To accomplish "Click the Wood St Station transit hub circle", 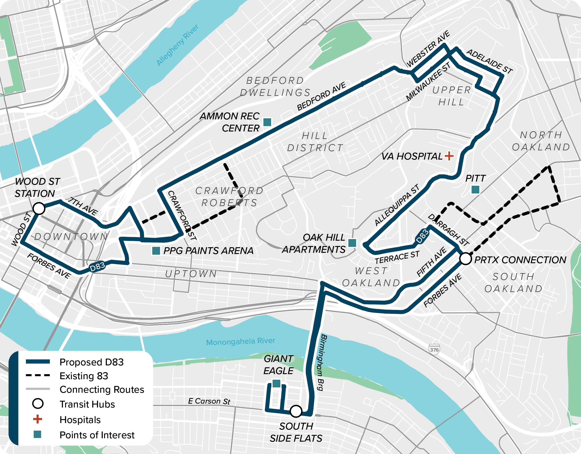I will point(39,208).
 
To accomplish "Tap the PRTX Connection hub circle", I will point(466,259).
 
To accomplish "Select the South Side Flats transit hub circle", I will point(296,411).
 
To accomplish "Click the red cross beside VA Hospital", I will point(449,156).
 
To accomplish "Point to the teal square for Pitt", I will point(475,190).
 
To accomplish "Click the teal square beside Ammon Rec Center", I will point(267,122).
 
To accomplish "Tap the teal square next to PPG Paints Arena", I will point(156,250).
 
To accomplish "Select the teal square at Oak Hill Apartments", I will point(352,243).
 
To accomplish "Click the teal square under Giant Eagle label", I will point(276,384).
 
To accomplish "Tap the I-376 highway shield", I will point(434,349).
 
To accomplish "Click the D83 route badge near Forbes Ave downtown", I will point(97,267).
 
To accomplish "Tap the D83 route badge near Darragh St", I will point(422,236).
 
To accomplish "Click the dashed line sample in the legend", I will point(38,376).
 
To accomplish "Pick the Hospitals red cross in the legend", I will point(38,419).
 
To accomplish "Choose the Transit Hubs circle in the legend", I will point(38,404).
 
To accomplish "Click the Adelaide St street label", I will point(489,62).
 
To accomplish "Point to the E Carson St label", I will point(209,401).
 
